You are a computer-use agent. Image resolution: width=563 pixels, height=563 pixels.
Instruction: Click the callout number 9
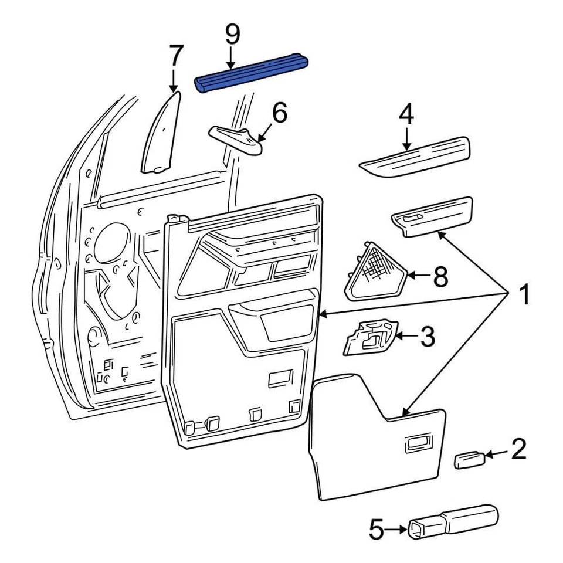[232, 35]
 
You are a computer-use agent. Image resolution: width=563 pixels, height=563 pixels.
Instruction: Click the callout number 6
[279, 113]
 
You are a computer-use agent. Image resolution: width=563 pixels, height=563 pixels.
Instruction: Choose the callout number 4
[406, 115]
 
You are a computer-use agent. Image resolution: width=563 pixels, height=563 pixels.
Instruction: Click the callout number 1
[523, 295]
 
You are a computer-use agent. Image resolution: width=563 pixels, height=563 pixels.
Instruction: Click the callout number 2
[518, 450]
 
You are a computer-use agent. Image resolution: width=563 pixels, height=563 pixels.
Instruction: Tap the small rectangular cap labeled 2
[470, 459]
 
